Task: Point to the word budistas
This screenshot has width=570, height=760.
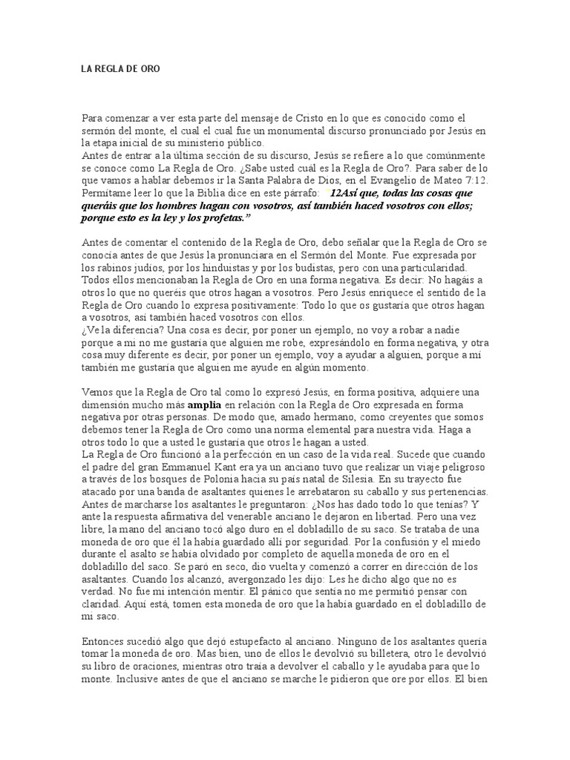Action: pos(324,265)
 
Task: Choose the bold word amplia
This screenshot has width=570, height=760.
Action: pos(205,406)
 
